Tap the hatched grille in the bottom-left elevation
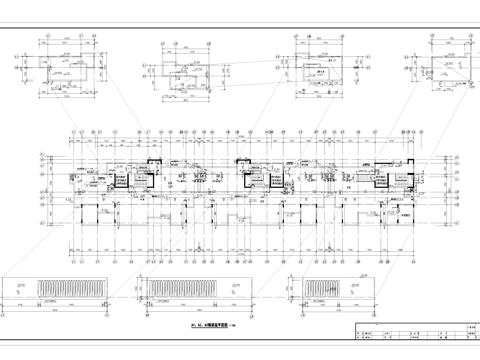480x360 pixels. point(67,288)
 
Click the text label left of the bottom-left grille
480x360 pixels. point(21,286)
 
